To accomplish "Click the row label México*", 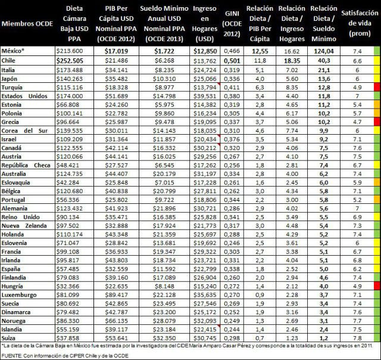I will click(16, 52).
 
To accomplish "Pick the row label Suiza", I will click(11, 338).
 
